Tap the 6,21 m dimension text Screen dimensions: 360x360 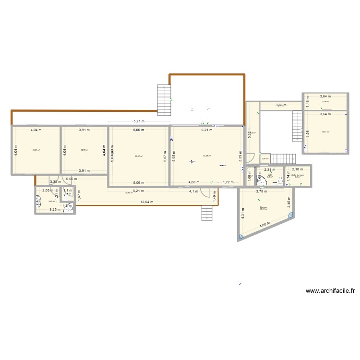click(x=206, y=130)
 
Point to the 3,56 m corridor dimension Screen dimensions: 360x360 click(x=280, y=106)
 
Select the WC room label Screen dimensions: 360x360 click(x=270, y=175)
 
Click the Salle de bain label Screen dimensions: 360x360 click(x=298, y=175)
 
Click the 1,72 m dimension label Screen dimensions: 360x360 click(x=228, y=182)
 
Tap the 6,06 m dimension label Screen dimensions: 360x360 click(x=71, y=179)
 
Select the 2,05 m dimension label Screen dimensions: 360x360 click(x=48, y=191)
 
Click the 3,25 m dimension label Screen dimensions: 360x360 click(x=55, y=210)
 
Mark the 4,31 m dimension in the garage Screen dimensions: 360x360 click(x=243, y=216)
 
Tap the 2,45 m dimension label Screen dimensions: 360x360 click(x=289, y=204)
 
